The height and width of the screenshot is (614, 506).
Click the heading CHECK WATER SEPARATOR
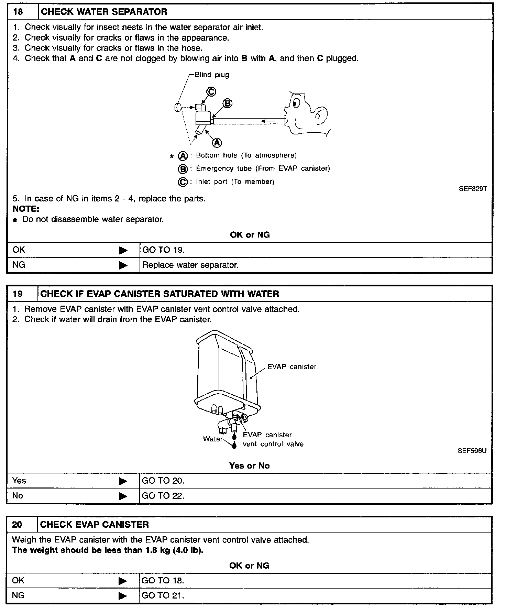(x=104, y=12)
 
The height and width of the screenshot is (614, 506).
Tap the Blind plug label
(x=212, y=75)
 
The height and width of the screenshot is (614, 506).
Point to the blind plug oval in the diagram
(x=177, y=107)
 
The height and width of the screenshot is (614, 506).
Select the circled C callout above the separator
(x=211, y=92)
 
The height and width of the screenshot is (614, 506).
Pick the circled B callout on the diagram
(x=228, y=103)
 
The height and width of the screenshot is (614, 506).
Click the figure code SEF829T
(x=473, y=189)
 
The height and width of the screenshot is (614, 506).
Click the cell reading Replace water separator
(x=190, y=265)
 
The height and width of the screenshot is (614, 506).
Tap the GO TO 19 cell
(x=163, y=250)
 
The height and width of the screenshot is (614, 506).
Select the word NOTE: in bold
(x=26, y=209)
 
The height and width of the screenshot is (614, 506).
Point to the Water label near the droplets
(x=213, y=439)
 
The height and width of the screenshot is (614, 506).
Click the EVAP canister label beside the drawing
(x=292, y=367)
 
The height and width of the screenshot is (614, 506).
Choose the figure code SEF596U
(x=472, y=450)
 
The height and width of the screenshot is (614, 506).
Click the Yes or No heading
(x=249, y=466)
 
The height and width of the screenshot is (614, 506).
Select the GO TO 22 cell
(x=163, y=496)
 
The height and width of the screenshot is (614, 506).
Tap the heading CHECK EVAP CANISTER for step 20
(x=95, y=525)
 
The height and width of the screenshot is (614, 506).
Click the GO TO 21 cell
(x=163, y=595)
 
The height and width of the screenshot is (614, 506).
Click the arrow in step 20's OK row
(x=123, y=581)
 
